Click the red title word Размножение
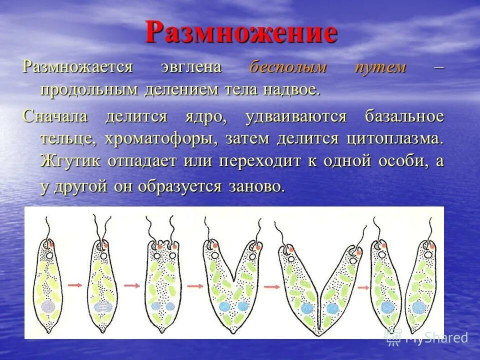coord(241,33)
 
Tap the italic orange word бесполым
coord(288,67)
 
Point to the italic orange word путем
coord(380,67)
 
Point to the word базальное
coord(404,116)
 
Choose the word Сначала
coord(55,116)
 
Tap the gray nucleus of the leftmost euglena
coord(48,306)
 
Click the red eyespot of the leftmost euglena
coord(51,244)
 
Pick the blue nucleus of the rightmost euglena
coord(418,306)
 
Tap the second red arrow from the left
coord(131,285)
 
